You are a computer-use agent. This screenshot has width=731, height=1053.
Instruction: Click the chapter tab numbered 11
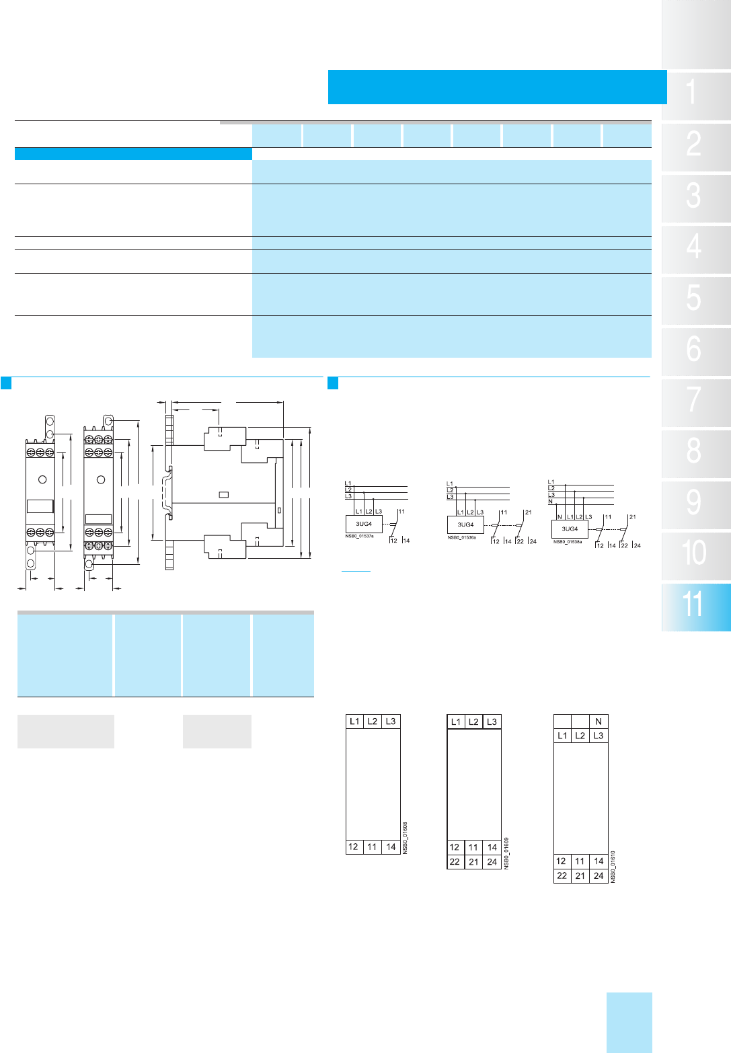tap(695, 606)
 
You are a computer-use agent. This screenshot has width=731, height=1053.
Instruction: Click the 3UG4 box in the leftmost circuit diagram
tap(364, 524)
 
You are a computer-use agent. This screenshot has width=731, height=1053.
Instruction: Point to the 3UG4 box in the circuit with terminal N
tap(570, 529)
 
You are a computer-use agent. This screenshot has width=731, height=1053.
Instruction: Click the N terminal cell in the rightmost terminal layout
tap(599, 721)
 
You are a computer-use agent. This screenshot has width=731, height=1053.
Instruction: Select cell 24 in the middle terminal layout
tap(492, 861)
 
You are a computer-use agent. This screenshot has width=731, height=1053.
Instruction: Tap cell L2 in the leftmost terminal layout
tap(373, 721)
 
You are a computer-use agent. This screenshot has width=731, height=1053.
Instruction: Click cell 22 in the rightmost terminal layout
tap(562, 875)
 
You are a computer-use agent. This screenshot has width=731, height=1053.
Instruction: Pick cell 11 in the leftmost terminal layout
tap(372, 847)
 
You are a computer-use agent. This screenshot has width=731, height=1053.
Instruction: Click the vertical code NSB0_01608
tap(406, 838)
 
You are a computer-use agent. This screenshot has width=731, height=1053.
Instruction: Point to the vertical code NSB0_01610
tap(613, 867)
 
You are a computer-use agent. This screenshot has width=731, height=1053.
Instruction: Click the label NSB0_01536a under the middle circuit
tap(461, 538)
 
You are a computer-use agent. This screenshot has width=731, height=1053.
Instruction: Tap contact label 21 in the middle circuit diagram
tap(528, 512)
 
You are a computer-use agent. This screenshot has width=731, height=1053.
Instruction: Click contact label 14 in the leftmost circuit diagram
tap(406, 541)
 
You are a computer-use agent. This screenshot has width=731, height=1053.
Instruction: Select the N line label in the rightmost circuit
tap(550, 502)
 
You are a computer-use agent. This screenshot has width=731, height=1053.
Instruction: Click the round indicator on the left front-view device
tap(42, 479)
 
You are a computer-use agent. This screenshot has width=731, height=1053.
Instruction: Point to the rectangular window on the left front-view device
tap(40, 506)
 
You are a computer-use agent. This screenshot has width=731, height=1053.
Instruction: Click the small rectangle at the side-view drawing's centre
tap(225, 495)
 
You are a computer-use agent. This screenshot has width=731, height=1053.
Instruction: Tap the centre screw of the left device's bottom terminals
tap(40, 532)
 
